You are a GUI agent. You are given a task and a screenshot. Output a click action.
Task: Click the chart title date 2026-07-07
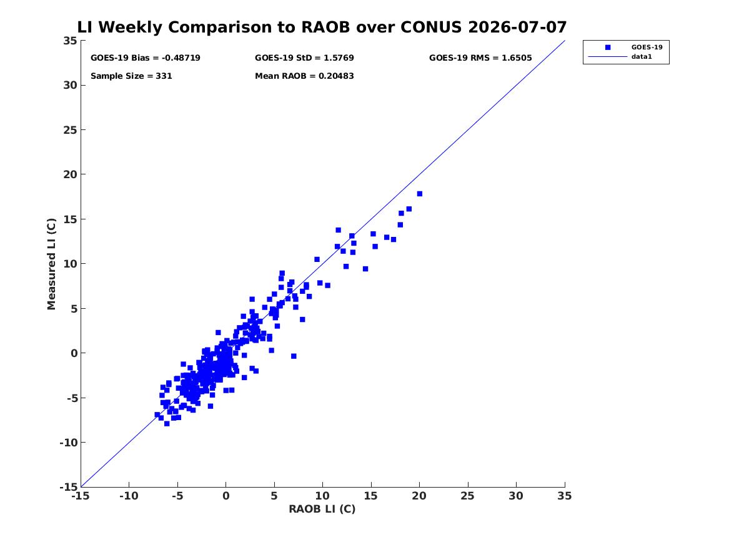(x=517, y=27)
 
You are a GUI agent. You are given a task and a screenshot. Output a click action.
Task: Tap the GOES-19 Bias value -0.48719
(x=181, y=58)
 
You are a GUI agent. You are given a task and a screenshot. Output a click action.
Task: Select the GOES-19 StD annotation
(x=304, y=58)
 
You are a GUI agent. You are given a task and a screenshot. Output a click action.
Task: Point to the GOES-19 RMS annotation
(x=480, y=58)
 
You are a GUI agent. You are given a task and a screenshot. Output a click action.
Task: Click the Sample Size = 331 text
(x=131, y=76)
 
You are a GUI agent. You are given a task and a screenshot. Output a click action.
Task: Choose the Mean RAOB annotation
(x=304, y=76)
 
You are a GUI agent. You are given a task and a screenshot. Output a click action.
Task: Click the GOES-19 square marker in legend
(x=608, y=48)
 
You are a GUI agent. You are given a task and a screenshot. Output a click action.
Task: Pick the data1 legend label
(x=642, y=57)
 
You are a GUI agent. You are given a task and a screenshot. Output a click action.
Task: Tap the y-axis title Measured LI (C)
(x=51, y=264)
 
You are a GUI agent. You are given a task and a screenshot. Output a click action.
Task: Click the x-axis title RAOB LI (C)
(x=322, y=509)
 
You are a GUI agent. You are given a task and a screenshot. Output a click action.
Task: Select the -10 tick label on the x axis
(x=129, y=496)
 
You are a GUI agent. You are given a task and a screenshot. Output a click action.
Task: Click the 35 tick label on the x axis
(x=565, y=496)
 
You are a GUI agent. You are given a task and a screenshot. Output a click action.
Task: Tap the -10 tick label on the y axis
(x=68, y=443)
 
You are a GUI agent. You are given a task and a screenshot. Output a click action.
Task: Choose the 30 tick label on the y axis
(x=70, y=85)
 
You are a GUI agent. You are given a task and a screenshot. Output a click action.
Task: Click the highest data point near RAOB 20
(x=419, y=194)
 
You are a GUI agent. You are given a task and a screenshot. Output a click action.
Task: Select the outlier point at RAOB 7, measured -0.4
(x=294, y=356)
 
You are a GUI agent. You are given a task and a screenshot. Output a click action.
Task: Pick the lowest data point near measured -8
(x=167, y=424)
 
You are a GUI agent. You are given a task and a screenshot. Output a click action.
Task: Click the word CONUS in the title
(x=431, y=27)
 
